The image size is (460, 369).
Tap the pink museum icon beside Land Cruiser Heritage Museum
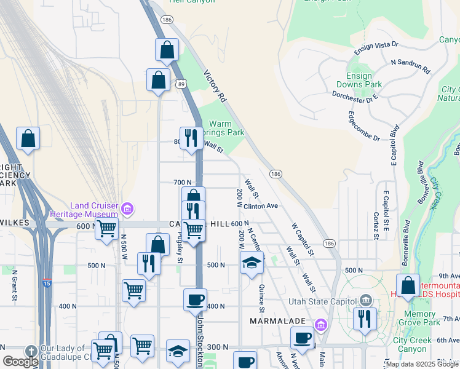tap(127, 209)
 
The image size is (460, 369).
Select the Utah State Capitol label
tap(323, 301)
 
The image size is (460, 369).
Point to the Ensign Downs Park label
tap(359, 80)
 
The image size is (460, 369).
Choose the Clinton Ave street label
tap(261, 206)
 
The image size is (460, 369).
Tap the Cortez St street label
tap(375, 224)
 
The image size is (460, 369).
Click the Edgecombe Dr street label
tap(363, 126)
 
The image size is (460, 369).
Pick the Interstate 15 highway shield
tap(47, 282)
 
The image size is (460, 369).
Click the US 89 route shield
tap(181, 82)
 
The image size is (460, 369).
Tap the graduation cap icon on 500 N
tap(252, 263)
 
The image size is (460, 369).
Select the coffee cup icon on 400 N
tap(195, 300)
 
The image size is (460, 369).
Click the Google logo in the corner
tap(20, 362)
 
